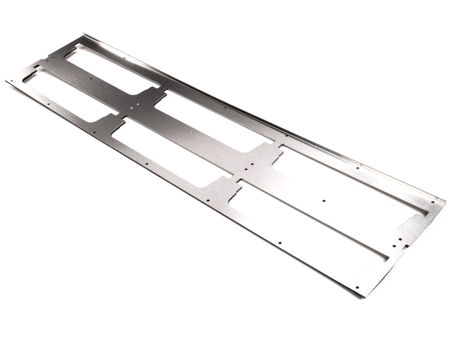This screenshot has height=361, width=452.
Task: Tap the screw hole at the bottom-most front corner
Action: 357,287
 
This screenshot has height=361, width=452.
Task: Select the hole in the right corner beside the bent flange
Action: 433,202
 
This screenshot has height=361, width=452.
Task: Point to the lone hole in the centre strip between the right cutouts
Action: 324,201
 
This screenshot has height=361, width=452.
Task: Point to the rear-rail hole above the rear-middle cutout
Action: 225,107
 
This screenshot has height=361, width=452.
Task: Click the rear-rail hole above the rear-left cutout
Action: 125,58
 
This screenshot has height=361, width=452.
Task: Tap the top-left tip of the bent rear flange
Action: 83,34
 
